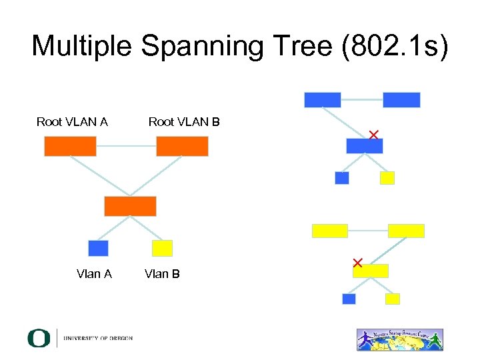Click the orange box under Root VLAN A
point(70,146)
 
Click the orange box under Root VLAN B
point(182,146)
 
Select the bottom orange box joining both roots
point(130,206)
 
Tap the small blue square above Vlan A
point(98,248)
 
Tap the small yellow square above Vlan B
point(162,248)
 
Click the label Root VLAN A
point(72,122)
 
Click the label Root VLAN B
point(184,122)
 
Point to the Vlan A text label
point(94,274)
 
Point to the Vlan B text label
point(162,274)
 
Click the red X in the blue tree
point(373,135)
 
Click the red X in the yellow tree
point(357,263)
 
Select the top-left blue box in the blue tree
point(323,100)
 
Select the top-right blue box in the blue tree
point(401,100)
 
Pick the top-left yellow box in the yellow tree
point(330,231)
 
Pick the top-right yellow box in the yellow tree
point(406,231)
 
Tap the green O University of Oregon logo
point(39,338)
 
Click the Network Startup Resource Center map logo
point(399,339)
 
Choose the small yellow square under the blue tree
point(387,178)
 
